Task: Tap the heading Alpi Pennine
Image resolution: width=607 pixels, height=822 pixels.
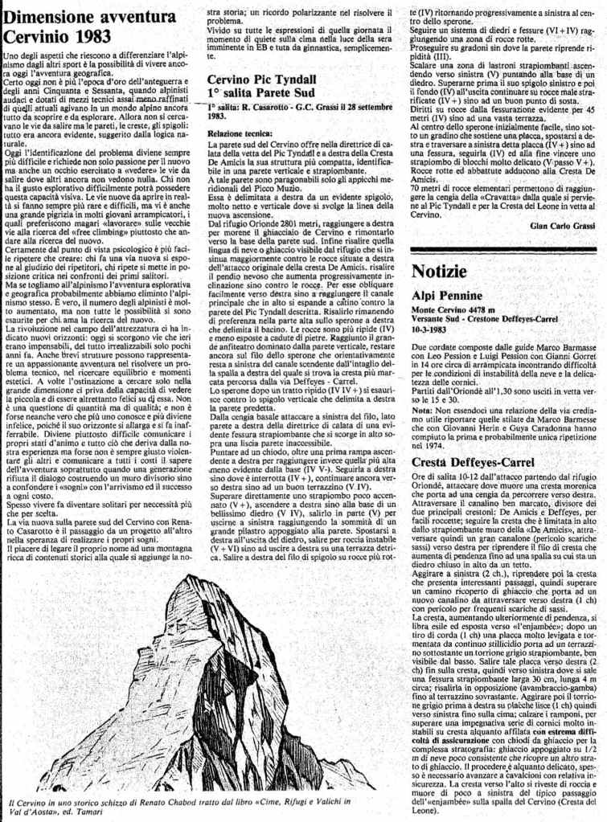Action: point(447,295)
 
